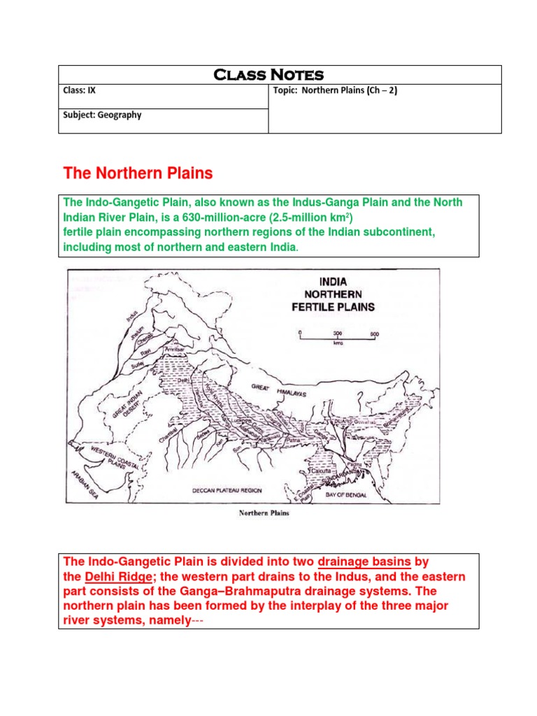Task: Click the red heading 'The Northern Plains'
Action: [138, 173]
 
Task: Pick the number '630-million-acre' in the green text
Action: [214, 217]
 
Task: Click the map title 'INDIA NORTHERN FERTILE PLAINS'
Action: [338, 294]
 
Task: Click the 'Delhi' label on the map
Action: [183, 381]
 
